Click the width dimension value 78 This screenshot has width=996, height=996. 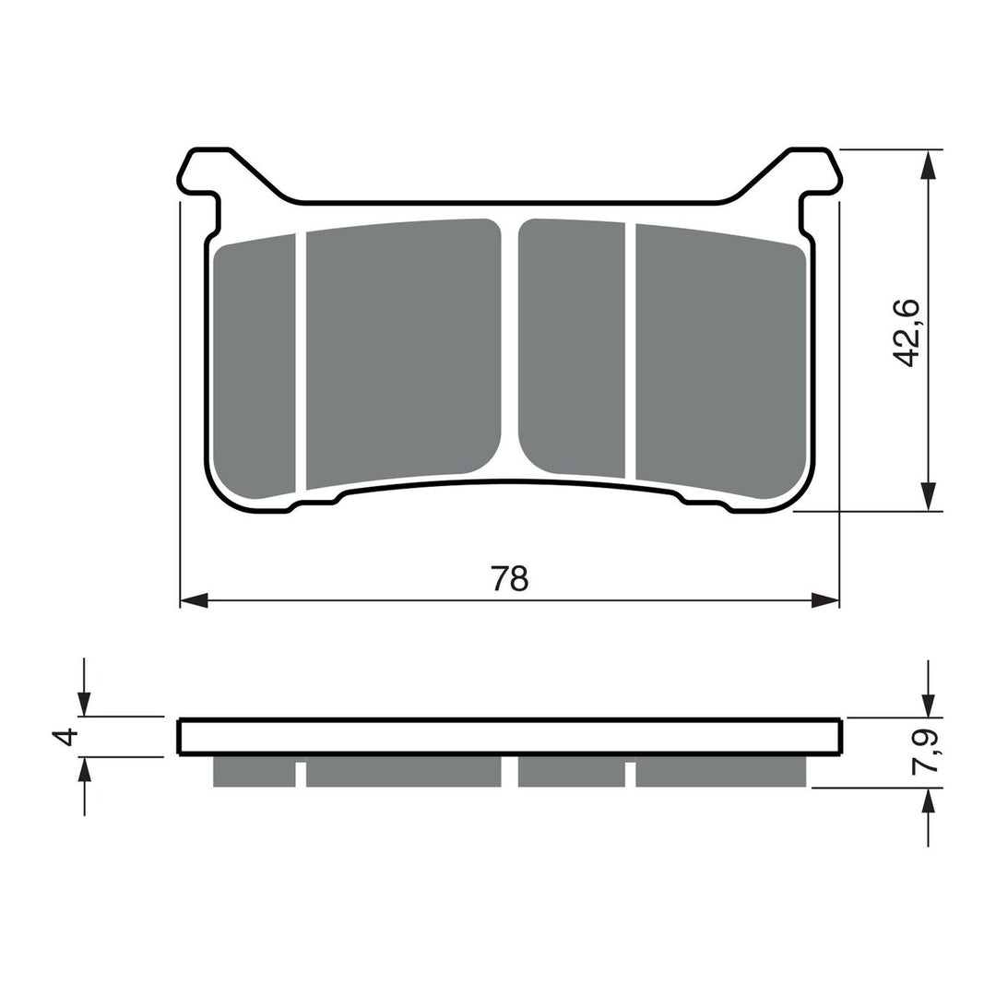pos(510,578)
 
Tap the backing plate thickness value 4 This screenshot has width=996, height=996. pos(63,737)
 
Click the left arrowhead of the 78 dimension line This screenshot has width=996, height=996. pos(194,601)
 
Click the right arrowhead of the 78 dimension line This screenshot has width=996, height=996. pos(824,601)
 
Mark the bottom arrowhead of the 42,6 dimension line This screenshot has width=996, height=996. pos(929,496)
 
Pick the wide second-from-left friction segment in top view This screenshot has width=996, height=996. pos(403,350)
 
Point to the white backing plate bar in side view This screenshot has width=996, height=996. pos(509,736)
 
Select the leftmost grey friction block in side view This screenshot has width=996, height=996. pos(254,772)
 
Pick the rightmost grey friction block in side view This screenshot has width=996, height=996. pos(721,772)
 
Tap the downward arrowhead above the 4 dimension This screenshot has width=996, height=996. pos(84,704)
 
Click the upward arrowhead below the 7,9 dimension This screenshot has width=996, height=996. pos(929,800)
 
